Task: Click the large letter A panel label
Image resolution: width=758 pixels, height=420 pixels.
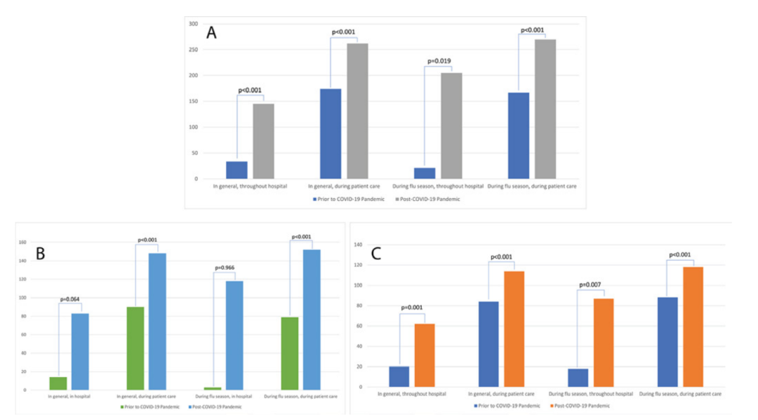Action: pos(211,32)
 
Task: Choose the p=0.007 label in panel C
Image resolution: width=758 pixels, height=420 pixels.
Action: pos(592,284)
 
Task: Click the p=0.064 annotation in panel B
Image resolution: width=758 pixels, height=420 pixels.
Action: pos(70,299)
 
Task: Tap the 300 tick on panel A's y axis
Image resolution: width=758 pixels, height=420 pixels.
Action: pos(192,24)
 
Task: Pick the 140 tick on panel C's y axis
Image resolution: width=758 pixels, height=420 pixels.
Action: pos(359,244)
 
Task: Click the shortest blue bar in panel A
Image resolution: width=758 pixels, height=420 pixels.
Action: pos(425,173)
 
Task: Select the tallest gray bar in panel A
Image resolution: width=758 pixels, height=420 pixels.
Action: pos(545,109)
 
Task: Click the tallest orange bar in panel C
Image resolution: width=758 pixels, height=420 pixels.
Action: pos(693,327)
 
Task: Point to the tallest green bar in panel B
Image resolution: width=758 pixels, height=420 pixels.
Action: pos(135,348)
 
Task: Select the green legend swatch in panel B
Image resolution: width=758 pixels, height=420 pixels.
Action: pos(121,407)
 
